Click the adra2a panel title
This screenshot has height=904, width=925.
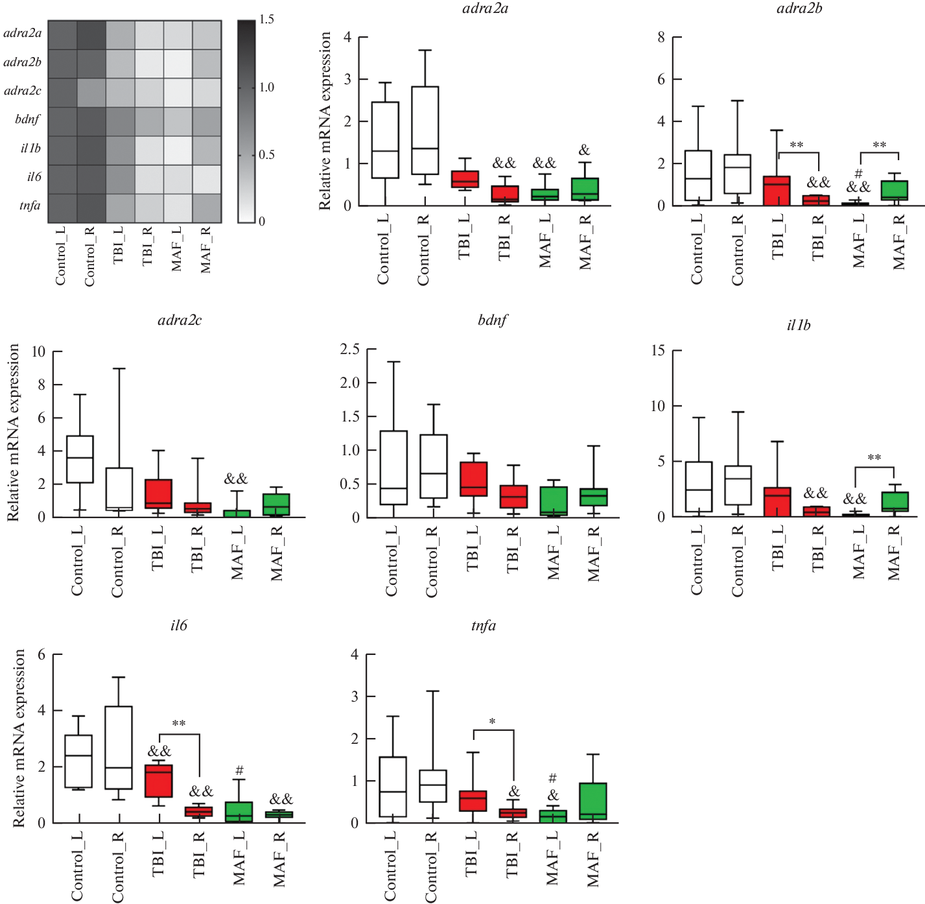[x=485, y=8]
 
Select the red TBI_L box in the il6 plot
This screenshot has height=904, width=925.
[x=159, y=781]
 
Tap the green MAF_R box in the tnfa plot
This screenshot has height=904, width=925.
[x=593, y=802]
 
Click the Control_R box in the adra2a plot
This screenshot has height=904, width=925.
[x=425, y=130]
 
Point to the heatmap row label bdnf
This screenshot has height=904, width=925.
[x=27, y=119]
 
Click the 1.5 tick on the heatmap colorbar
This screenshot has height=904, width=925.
[x=266, y=19]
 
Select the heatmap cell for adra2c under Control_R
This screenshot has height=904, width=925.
[x=91, y=93]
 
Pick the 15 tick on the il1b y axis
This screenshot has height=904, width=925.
[x=658, y=351]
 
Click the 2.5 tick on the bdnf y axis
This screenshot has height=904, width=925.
[x=350, y=350]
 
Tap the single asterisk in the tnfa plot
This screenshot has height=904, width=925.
[x=493, y=722]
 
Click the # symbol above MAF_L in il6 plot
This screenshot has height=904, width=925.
[x=239, y=770]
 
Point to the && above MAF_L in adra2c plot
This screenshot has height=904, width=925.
[x=236, y=479]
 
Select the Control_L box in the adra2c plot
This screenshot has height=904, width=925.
[x=80, y=459]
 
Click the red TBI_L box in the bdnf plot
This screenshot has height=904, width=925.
[x=473, y=479]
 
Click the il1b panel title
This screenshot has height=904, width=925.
[x=798, y=326]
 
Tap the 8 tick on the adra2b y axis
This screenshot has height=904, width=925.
[x=661, y=38]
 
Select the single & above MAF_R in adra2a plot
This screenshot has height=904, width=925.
[x=584, y=150]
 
